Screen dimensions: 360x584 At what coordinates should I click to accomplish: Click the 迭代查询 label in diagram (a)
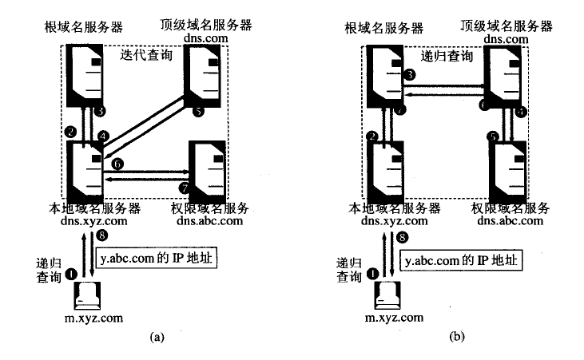[x=147, y=57]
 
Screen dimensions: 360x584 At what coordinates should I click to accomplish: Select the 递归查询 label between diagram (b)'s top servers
[x=447, y=57]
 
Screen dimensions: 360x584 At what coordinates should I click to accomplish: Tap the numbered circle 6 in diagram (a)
[x=118, y=163]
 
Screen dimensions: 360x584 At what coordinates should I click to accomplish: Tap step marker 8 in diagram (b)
[x=403, y=237]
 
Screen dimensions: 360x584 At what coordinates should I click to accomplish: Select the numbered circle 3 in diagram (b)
[x=410, y=75]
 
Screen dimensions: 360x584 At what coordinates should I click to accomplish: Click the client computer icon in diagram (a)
[x=85, y=296]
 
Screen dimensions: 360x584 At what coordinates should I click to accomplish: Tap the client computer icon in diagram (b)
[x=385, y=296]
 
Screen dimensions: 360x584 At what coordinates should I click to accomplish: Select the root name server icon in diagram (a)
[x=84, y=76]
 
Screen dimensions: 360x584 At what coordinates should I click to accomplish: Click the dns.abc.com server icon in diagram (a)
[x=206, y=170]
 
